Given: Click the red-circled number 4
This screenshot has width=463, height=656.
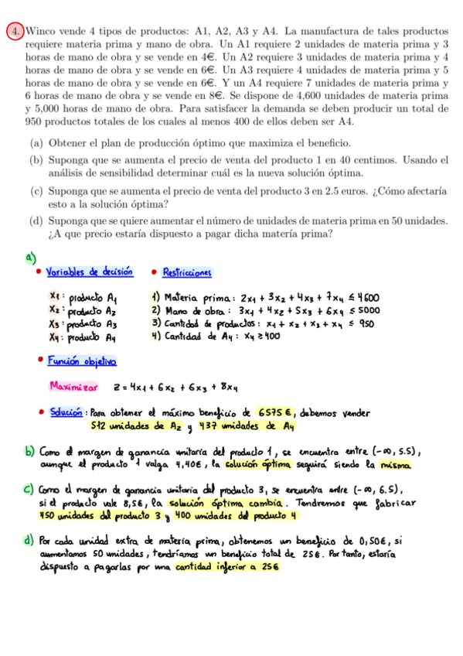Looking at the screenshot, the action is [x=14, y=32].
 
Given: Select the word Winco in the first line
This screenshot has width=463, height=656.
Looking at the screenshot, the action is [x=42, y=32].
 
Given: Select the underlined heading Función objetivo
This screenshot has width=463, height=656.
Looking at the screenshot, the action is [x=81, y=360].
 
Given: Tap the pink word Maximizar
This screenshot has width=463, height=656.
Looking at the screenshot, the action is [x=73, y=386].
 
